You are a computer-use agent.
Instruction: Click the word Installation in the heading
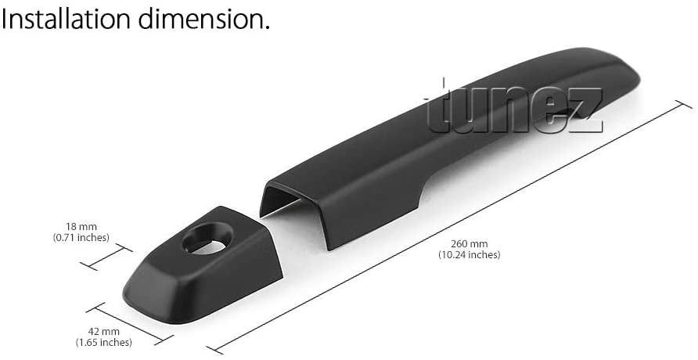(x=67, y=19)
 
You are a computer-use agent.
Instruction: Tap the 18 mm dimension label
(x=81, y=226)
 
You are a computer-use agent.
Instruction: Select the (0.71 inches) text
(x=81, y=238)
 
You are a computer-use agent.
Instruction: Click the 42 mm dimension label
(x=104, y=332)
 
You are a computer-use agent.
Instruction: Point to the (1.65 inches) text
(x=104, y=342)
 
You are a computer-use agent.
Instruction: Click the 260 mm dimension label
(x=470, y=244)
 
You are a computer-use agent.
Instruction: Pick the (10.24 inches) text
(x=470, y=255)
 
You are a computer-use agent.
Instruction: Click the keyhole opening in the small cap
(x=207, y=239)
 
